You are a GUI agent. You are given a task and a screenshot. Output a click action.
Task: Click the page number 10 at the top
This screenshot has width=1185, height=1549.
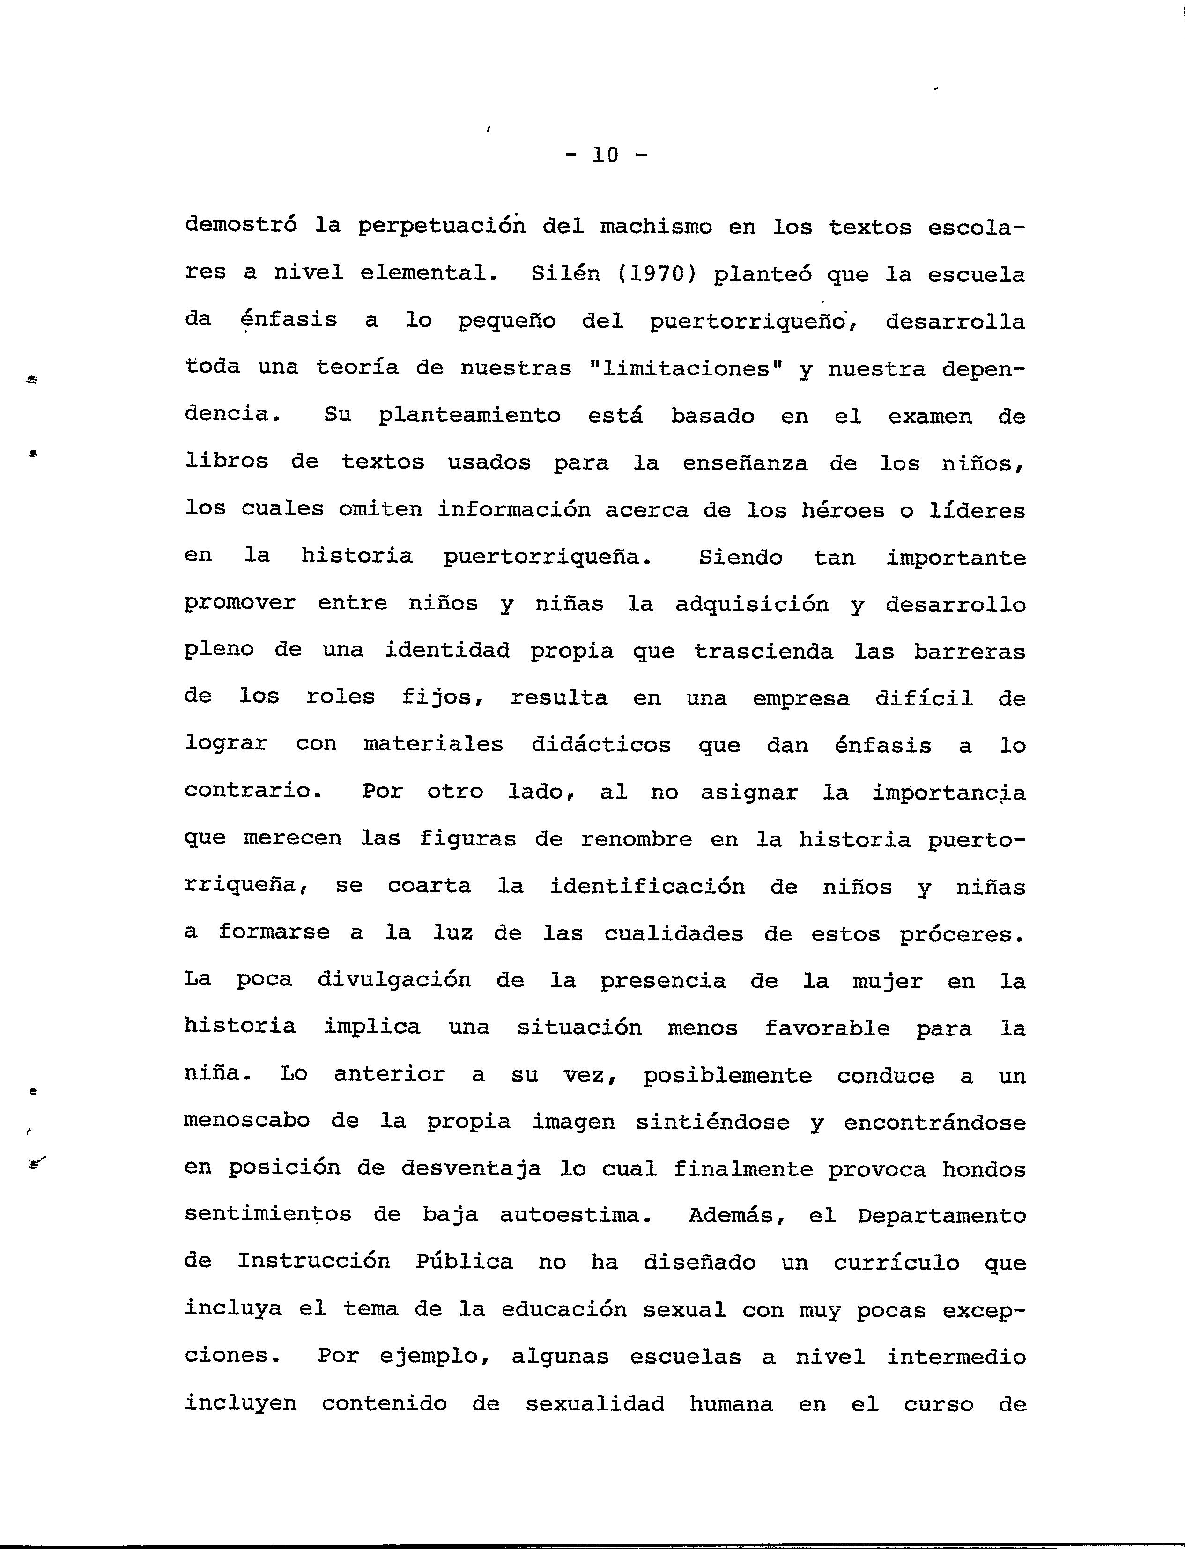pyautogui.click(x=605, y=154)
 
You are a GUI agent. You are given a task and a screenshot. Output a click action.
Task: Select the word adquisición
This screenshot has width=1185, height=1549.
pyautogui.click(x=752, y=604)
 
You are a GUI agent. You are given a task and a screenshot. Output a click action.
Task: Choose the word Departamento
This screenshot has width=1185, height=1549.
pyautogui.click(x=941, y=1216)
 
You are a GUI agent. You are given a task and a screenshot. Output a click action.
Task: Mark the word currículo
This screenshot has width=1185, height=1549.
pyautogui.click(x=896, y=1263)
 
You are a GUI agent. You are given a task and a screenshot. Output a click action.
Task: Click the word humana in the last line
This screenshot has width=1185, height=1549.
pyautogui.click(x=731, y=1404)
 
